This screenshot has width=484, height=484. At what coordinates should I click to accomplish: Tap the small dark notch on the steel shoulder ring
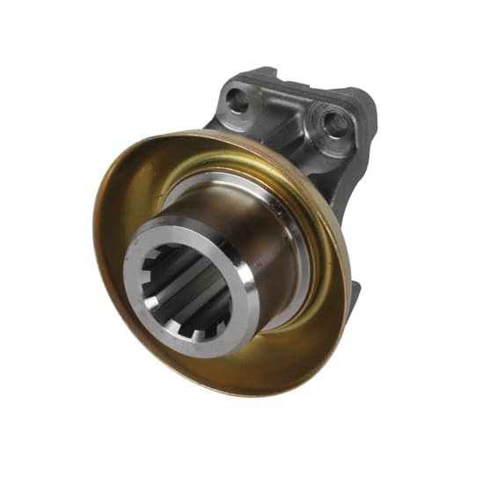tap(279, 208)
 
